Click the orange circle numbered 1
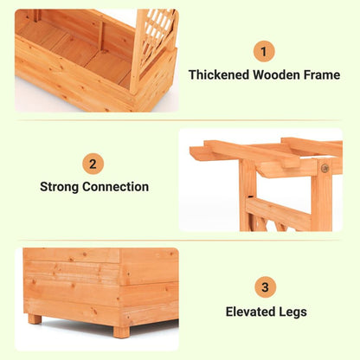pos(264,52)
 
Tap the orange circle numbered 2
pos(93,164)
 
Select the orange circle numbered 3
pos(266,286)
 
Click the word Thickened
pos(219,75)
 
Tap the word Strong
pos(60,187)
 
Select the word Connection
pos(116,187)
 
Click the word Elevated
pos(251,312)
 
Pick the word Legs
pos(293,312)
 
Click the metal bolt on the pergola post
pos(325,167)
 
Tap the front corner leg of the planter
pos(121,331)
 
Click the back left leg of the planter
pos(35,318)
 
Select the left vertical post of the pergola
pos(247,196)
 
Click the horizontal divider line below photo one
pos(179,120)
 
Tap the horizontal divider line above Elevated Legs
pos(179,240)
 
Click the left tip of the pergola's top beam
pos(190,150)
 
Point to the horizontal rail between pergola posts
pos(279,214)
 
